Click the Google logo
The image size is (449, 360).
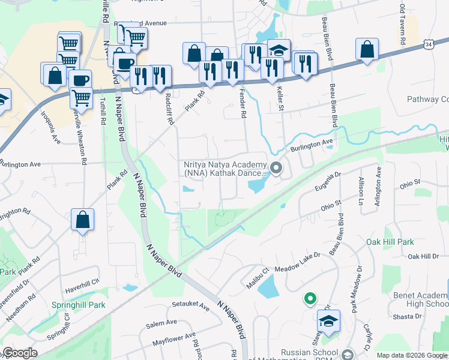point(20,353)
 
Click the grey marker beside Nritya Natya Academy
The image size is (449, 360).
point(276,169)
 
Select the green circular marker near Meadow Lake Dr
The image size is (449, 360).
point(310,298)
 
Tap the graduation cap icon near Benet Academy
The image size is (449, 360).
point(328,322)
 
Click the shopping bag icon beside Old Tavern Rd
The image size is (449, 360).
point(367,50)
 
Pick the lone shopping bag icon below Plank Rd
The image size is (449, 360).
point(83,220)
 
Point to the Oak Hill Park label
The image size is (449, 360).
point(390,242)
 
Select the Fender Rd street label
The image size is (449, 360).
point(243,103)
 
